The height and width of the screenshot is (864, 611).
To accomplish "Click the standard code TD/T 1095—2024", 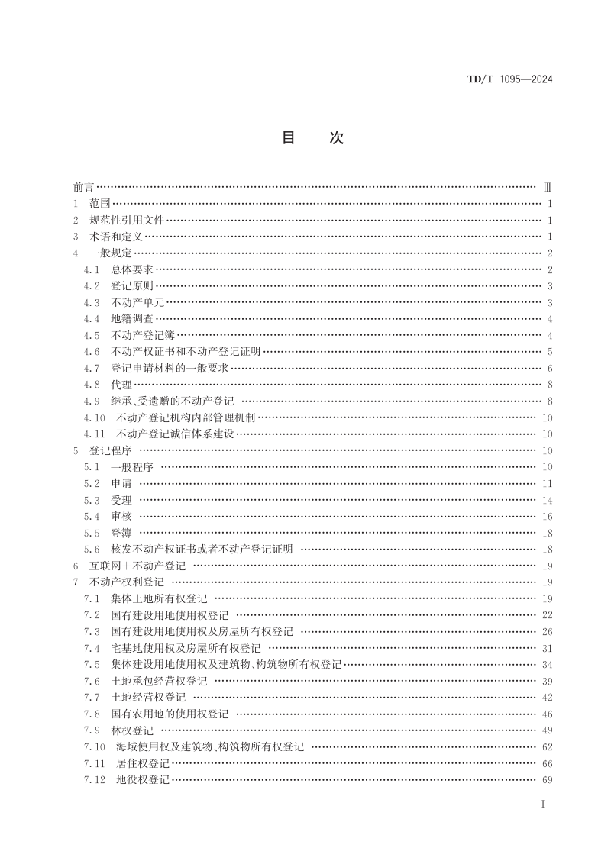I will click(509, 79).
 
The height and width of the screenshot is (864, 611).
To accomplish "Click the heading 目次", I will click(313, 138).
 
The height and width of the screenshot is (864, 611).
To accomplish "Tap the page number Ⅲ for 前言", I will click(547, 187).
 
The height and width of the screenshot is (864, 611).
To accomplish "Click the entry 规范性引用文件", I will click(127, 220).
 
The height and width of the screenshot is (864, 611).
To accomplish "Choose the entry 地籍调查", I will click(132, 319).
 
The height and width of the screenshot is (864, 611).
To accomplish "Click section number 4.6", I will click(92, 352).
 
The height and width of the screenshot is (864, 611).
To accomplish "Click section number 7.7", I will click(92, 698).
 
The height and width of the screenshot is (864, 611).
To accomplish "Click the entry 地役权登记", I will click(143, 780).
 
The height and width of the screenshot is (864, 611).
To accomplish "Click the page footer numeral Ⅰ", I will click(542, 805).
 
